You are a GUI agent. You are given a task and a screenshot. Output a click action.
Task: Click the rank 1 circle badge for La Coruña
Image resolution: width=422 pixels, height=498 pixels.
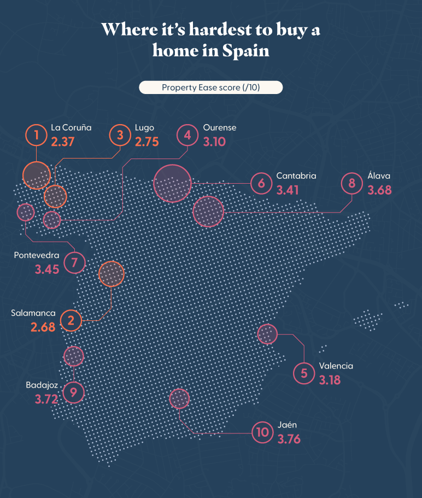pyautogui.click(x=37, y=135)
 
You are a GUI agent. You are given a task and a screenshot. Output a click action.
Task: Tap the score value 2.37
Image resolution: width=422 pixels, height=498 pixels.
pyautogui.click(x=62, y=142)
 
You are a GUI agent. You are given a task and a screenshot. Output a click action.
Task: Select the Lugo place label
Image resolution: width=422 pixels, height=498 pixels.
pyautogui.click(x=144, y=128)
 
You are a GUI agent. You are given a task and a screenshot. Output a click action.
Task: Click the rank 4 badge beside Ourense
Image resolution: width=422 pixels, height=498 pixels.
pyautogui.click(x=187, y=135)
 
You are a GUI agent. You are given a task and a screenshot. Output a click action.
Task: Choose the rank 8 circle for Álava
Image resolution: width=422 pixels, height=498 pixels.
pyautogui.click(x=352, y=183)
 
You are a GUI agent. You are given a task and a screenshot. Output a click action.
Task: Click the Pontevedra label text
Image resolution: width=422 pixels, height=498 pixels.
pyautogui.click(x=37, y=255)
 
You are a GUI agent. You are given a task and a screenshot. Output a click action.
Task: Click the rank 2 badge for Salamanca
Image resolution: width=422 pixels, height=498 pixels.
pyautogui.click(x=71, y=320)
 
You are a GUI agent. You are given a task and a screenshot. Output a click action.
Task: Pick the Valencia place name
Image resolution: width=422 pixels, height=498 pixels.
pyautogui.click(x=336, y=366)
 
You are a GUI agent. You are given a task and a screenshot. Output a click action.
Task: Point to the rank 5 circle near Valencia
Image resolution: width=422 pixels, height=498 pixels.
pyautogui.click(x=304, y=373)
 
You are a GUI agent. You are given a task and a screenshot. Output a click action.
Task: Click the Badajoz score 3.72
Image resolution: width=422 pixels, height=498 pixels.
pyautogui.click(x=46, y=399)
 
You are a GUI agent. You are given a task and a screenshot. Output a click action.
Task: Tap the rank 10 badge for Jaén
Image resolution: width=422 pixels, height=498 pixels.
pyautogui.click(x=262, y=432)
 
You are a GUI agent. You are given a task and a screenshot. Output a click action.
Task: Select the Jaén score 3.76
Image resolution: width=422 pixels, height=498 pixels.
pyautogui.click(x=289, y=439)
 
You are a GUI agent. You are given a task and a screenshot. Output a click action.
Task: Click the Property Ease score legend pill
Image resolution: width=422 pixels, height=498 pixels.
pyautogui.click(x=210, y=88)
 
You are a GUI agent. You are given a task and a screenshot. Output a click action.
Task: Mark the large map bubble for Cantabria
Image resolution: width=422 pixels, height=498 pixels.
pyautogui.click(x=172, y=183)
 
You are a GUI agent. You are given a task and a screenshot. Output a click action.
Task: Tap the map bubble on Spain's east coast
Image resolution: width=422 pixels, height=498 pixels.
pyautogui.click(x=267, y=334)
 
